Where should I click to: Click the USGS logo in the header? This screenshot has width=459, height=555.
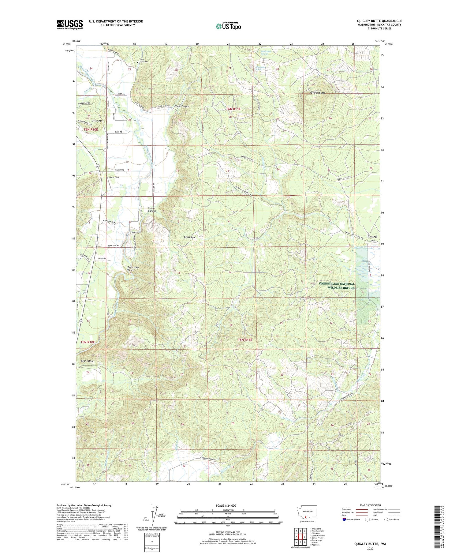(70, 24)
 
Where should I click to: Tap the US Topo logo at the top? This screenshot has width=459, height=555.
(228, 26)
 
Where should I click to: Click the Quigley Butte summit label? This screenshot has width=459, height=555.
(317, 92)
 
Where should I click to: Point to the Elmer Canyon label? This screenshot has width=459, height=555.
(182, 106)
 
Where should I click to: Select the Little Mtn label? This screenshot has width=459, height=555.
(97, 121)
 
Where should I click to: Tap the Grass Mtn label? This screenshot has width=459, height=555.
(189, 237)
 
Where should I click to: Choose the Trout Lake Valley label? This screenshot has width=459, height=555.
(133, 269)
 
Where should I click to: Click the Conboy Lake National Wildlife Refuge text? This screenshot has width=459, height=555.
(337, 286)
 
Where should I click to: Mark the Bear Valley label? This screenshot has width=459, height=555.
(87, 361)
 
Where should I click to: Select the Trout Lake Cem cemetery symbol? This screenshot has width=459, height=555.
(137, 62)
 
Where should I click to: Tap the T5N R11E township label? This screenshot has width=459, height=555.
(245, 339)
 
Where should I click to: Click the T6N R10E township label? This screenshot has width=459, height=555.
(91, 129)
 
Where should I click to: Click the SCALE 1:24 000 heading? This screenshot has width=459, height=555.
(226, 505)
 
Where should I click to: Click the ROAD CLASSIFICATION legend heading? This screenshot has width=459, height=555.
(370, 505)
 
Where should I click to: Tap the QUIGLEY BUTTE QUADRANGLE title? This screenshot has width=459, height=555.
(379, 21)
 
